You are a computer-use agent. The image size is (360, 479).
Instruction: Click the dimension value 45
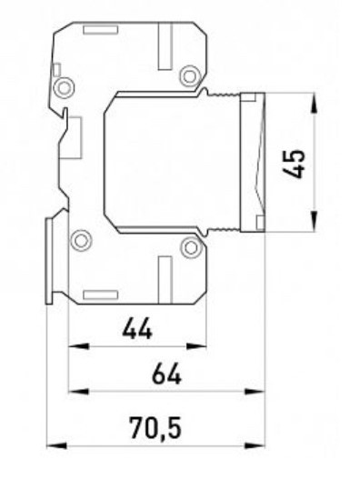pyautogui.click(x=294, y=164)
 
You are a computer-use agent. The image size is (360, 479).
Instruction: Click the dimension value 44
pyautogui.click(x=137, y=328)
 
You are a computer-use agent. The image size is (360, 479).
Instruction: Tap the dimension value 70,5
pyautogui.click(x=155, y=428)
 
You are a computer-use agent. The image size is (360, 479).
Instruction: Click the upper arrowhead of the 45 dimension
pyautogui.click(x=315, y=105)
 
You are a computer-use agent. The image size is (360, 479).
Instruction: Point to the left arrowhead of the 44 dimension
pyautogui.click(x=78, y=346)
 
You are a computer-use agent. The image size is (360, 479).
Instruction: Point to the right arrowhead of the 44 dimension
pyautogui.click(x=196, y=346)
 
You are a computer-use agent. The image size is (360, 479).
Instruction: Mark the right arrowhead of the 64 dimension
pyautogui.click(x=255, y=391)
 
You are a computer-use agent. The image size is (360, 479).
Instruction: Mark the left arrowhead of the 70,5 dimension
pyautogui.click(x=57, y=445)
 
